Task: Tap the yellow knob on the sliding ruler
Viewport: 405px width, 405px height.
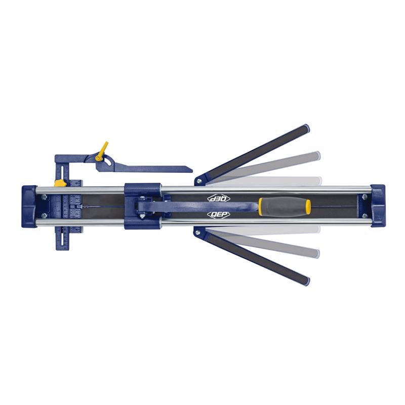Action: (x=60, y=182)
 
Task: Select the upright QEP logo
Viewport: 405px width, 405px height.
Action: (x=218, y=215)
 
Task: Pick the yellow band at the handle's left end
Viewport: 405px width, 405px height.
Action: (x=261, y=207)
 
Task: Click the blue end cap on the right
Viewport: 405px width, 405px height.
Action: (x=378, y=206)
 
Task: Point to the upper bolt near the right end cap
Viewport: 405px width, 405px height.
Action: (x=364, y=196)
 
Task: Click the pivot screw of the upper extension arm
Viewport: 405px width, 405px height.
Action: (x=198, y=181)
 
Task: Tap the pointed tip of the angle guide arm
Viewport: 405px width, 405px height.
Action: (x=191, y=169)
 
